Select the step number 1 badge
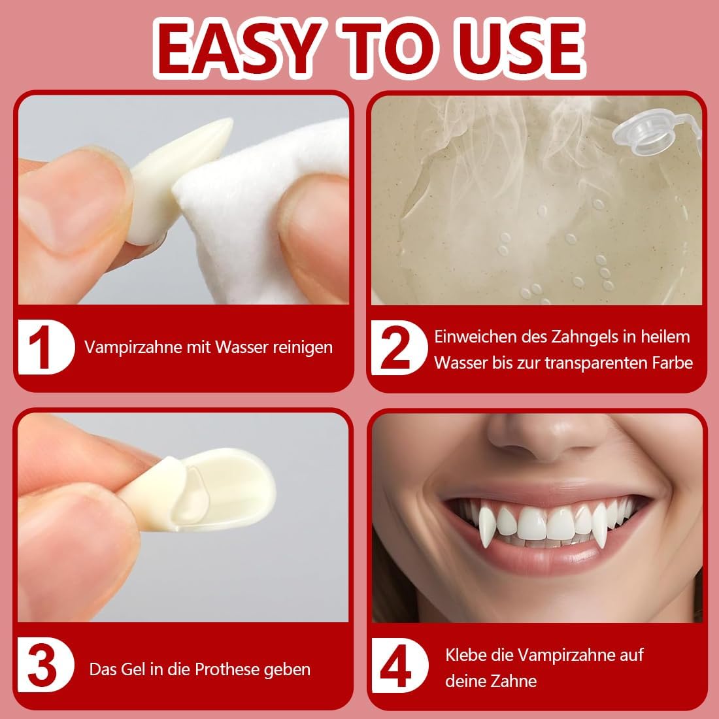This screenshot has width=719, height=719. coord(46,346)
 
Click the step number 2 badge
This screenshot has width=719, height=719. coord(398,347)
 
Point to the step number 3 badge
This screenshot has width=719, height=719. coord(46,665)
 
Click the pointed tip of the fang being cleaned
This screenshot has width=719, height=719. coord(229,122)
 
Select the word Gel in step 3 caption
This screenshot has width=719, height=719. coord(133,669)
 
